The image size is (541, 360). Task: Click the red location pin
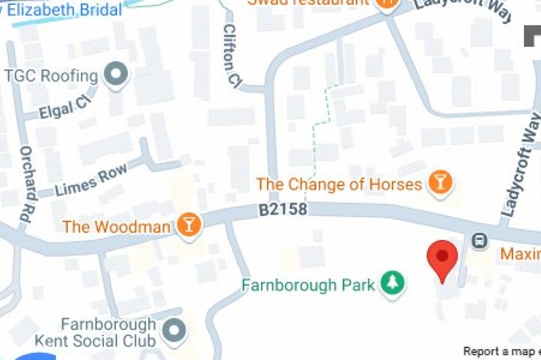pyautogui.click(x=442, y=256)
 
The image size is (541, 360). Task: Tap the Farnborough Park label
pyautogui.click(x=308, y=285)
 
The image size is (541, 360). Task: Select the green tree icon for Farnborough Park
pyautogui.click(x=392, y=282)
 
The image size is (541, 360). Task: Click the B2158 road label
pyautogui.click(x=283, y=209)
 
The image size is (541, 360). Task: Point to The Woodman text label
pyautogui.click(x=116, y=227)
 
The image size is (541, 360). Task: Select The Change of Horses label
pyautogui.click(x=339, y=184)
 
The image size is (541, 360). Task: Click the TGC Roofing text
pyautogui.click(x=51, y=76)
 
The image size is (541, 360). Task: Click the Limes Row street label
pyautogui.click(x=91, y=180)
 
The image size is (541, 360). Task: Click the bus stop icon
pyautogui.click(x=480, y=241)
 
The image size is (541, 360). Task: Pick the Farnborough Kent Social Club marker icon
pyautogui.click(x=174, y=331)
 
